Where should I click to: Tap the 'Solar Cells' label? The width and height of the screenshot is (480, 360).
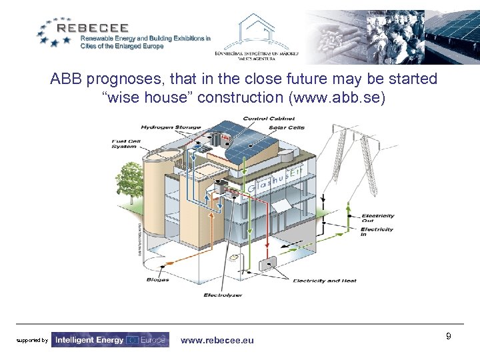[287, 127]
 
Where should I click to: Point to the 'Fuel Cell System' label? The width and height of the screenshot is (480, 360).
[125, 143]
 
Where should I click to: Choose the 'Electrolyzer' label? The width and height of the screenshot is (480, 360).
[223, 295]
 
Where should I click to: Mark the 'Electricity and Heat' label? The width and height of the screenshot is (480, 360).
[325, 281]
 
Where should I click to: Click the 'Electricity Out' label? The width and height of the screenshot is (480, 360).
[377, 218]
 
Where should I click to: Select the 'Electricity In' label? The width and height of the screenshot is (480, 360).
[377, 233]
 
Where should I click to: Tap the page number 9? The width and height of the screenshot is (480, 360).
[449, 337]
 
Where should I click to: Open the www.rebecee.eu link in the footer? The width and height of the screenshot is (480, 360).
[217, 340]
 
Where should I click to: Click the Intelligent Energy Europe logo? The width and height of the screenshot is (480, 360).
[110, 340]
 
